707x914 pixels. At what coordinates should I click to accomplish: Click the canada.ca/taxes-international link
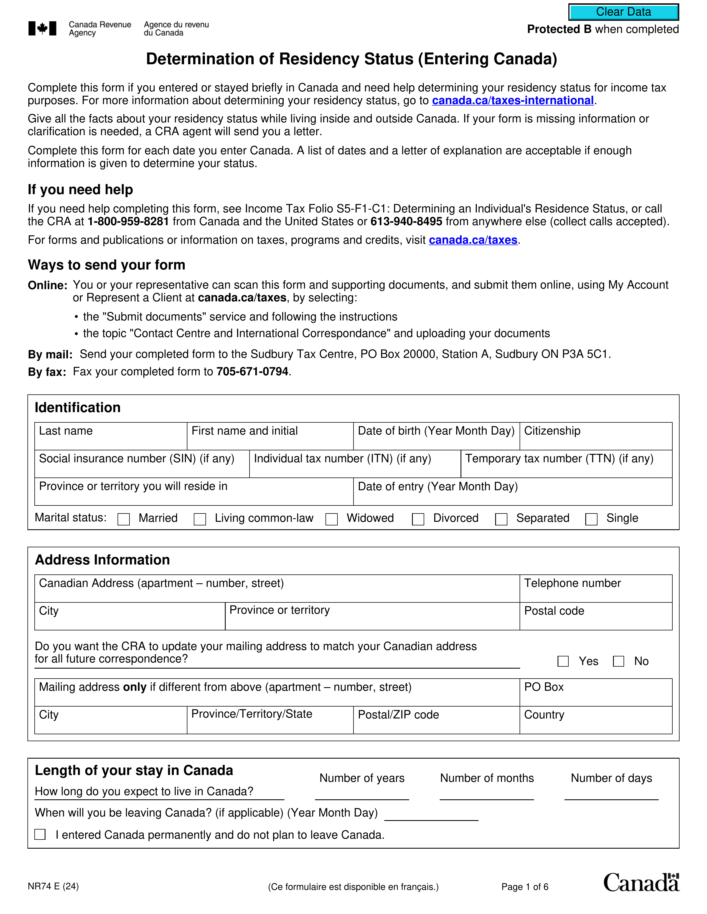point(513,101)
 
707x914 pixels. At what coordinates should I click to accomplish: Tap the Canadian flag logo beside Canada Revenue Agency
point(42,29)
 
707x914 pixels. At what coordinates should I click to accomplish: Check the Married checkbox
point(124,519)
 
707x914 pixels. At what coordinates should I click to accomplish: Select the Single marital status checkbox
point(591,519)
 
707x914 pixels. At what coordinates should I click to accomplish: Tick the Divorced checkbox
point(418,519)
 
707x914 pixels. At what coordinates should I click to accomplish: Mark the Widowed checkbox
point(332,519)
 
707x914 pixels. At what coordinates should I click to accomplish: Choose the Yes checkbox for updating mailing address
point(563,661)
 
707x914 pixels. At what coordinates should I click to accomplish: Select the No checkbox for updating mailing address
point(618,661)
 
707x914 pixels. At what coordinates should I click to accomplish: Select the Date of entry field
point(513,496)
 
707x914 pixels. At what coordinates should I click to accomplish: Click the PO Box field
point(596,697)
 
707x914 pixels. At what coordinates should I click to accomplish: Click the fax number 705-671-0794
point(252,372)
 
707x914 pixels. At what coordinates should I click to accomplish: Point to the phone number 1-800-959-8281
point(128,221)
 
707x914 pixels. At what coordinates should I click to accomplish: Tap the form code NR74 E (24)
point(53,886)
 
